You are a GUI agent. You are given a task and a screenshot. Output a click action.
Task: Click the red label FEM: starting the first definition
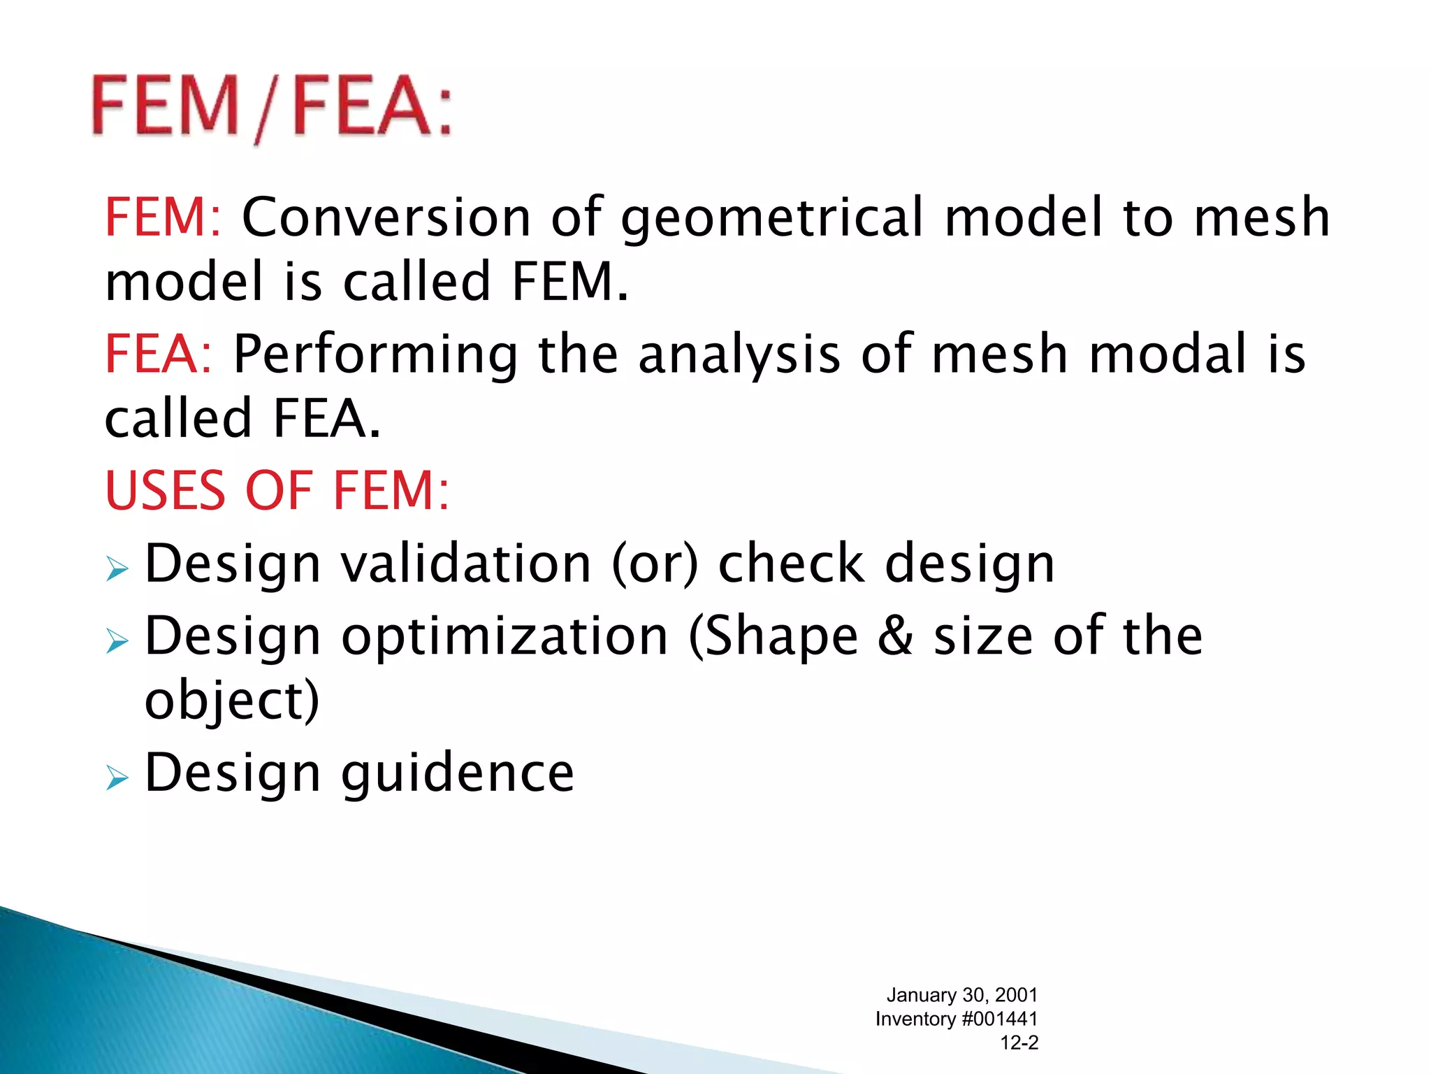[163, 217]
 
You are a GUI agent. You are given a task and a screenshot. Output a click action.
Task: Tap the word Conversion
[386, 217]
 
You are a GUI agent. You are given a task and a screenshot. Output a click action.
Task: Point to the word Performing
[375, 355]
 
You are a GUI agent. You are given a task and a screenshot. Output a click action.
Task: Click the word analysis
[739, 355]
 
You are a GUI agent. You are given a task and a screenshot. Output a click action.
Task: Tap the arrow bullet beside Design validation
[117, 569]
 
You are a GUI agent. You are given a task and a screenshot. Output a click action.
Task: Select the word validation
[466, 564]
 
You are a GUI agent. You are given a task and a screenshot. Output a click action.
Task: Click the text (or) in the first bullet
[655, 564]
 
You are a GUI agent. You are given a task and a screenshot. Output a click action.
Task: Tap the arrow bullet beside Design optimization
[117, 640]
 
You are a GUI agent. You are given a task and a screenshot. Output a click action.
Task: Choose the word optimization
[504, 636]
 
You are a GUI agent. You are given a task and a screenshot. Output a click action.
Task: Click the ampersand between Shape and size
[896, 636]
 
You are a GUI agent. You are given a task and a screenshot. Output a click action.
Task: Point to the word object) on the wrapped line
[232, 701]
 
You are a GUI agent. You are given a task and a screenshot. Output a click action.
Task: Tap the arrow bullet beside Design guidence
[117, 777]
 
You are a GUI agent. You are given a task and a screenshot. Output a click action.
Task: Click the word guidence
[458, 773]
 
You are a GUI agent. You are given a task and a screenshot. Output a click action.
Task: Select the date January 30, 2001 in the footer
[962, 995]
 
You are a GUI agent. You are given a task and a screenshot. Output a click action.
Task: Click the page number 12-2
[1019, 1043]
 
